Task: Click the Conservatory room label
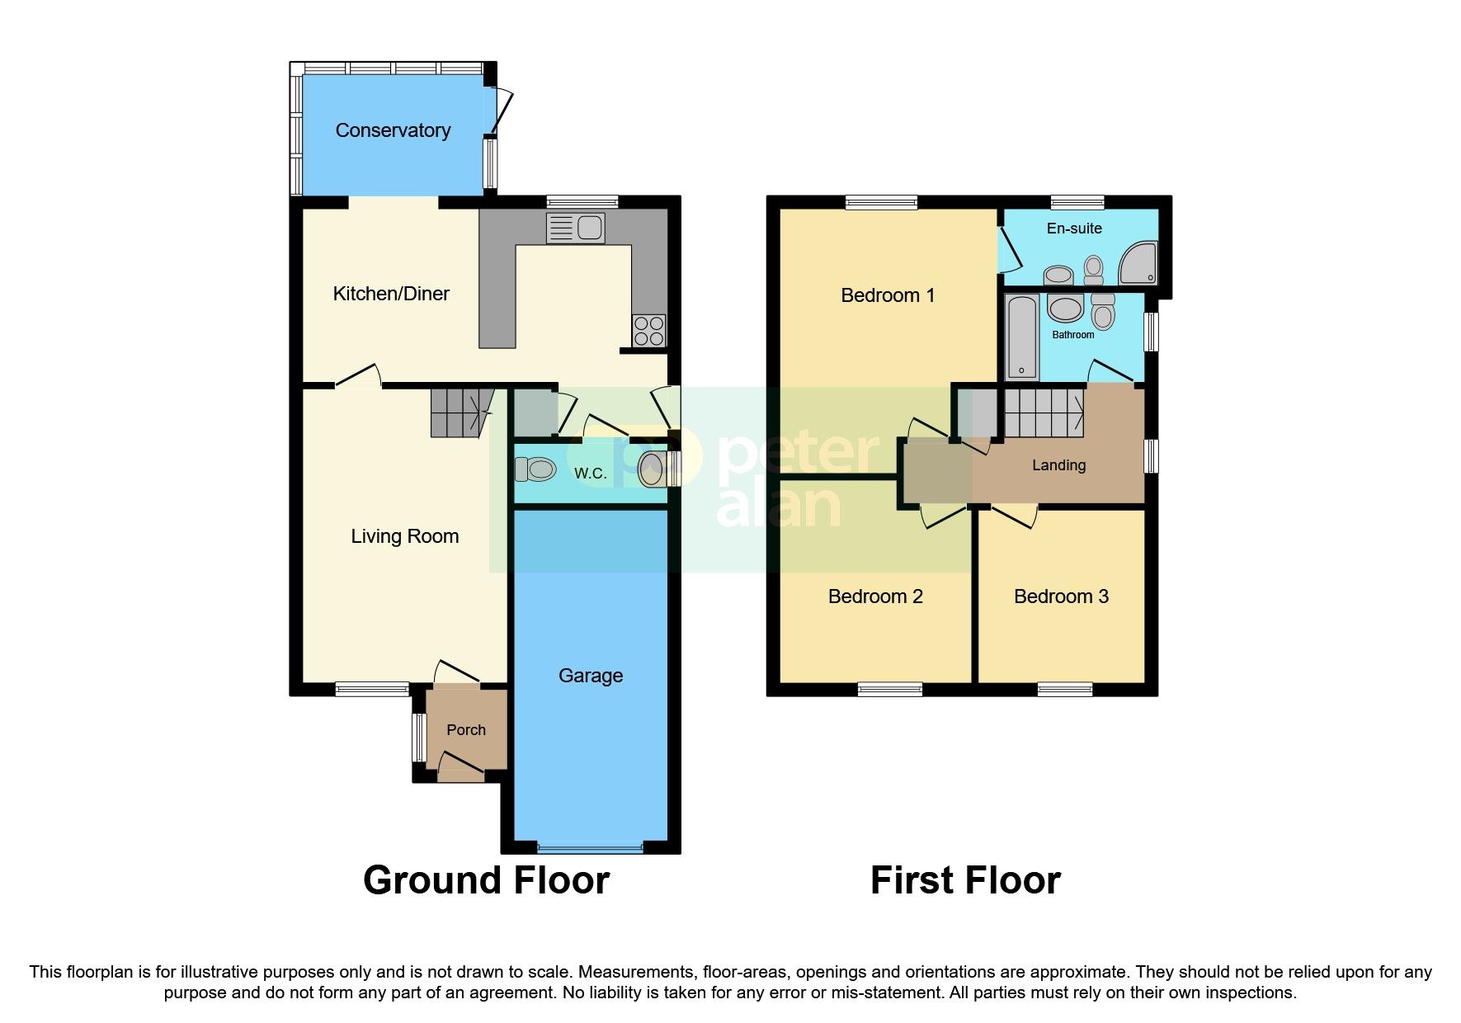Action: pos(393,130)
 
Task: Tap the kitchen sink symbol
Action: pos(576,228)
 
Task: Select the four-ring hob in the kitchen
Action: pos(648,331)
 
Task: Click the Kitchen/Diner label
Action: pos(390,294)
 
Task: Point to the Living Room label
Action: pos(404,536)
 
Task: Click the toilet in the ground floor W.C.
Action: pos(535,469)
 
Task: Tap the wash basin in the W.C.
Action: pos(652,469)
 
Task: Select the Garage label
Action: pos(590,676)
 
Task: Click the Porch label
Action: pos(465,730)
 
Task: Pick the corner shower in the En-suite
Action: pos(1138,262)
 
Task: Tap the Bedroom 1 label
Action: pos(888,295)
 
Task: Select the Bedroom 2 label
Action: pos(874,596)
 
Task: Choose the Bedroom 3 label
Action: pos(1061,596)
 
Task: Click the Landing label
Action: pos(1058,465)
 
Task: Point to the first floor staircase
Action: pos(1044,412)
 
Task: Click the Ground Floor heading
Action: pos(486,880)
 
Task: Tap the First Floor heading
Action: pos(965,880)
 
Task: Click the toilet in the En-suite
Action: pos(1094,269)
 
